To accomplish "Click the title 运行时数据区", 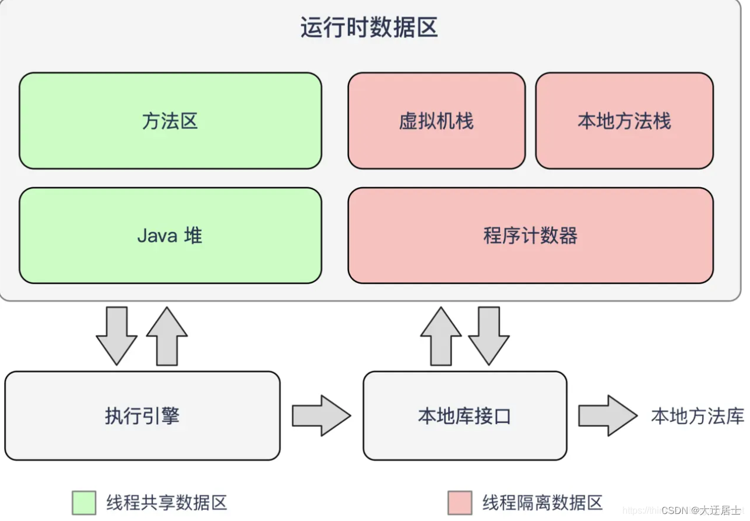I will pyautogui.click(x=369, y=28).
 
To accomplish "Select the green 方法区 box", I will pyautogui.click(x=170, y=121).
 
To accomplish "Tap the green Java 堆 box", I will pyautogui.click(x=170, y=236).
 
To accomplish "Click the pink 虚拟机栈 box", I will pyautogui.click(x=436, y=121).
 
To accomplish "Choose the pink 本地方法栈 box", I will pyautogui.click(x=624, y=121).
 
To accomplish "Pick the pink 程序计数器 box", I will pyautogui.click(x=530, y=236).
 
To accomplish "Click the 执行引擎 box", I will pyautogui.click(x=142, y=416).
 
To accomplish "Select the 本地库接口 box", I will pyautogui.click(x=464, y=416).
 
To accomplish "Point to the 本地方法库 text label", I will pyautogui.click(x=698, y=416).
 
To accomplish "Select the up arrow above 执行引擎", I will pyautogui.click(x=167, y=337).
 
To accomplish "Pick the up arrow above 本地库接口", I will pyautogui.click(x=441, y=337).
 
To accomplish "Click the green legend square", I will pyautogui.click(x=84, y=503).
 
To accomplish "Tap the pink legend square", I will pyautogui.click(x=460, y=503).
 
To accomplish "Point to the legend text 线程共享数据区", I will pyautogui.click(x=167, y=503).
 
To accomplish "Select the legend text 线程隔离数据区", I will pyautogui.click(x=543, y=503).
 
